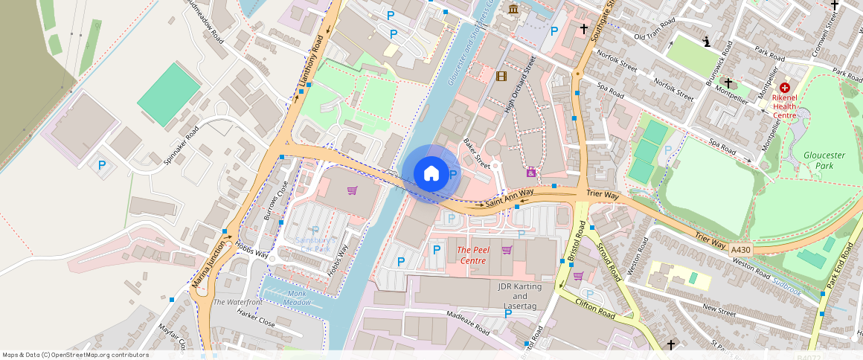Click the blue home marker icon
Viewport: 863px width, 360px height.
click(431, 174)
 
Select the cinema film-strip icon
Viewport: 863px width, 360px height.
click(501, 76)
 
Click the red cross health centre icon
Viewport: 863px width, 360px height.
click(784, 88)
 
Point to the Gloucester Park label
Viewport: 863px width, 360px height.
click(824, 160)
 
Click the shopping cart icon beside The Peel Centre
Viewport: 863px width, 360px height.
click(507, 250)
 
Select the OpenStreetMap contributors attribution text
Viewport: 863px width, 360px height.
click(75, 355)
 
